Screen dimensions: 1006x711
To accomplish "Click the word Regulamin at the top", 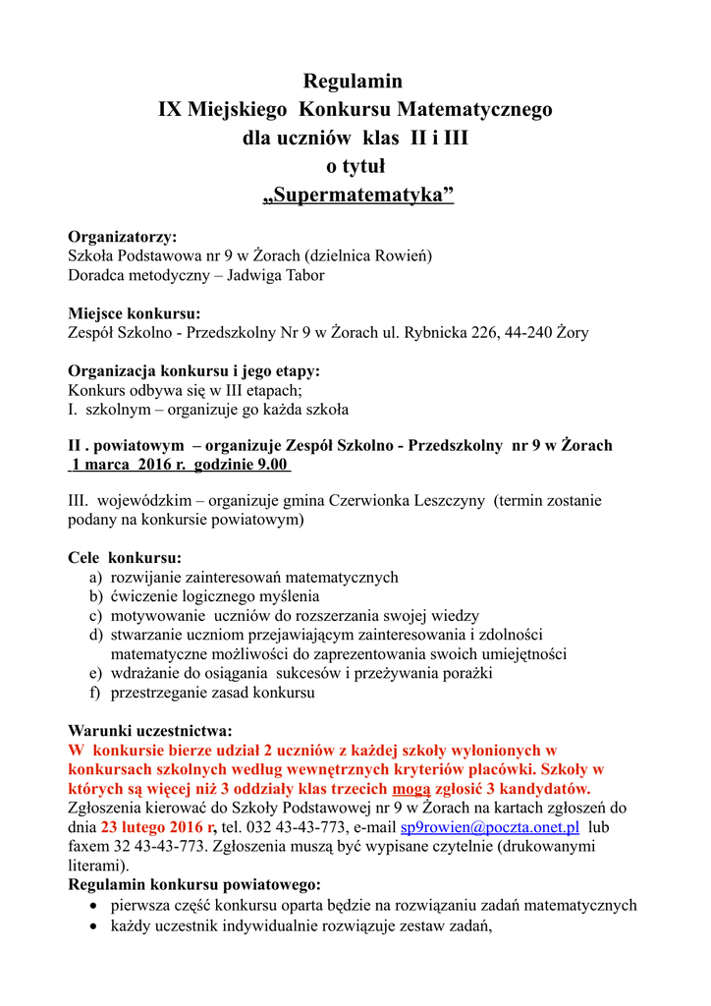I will [x=355, y=82].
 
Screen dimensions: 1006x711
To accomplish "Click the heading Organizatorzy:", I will [x=122, y=237].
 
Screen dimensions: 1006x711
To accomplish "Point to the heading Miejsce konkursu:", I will [x=134, y=313].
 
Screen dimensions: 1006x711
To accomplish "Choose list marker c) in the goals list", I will [x=95, y=615].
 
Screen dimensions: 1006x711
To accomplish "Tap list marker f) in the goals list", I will [x=95, y=693].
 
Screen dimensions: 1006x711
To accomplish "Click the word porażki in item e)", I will [x=465, y=673].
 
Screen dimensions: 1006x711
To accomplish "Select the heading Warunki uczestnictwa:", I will [x=149, y=731].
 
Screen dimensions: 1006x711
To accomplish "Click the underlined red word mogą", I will [x=410, y=789].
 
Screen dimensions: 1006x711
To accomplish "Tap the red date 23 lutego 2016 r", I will [x=158, y=827].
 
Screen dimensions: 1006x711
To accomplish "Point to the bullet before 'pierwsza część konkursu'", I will [x=92, y=906].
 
